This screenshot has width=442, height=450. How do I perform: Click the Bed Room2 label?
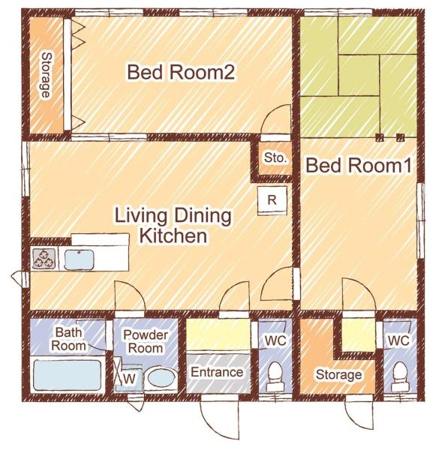pyautogui.click(x=182, y=73)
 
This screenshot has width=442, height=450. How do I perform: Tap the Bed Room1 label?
pyautogui.click(x=359, y=166)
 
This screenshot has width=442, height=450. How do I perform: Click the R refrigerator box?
pyautogui.click(x=272, y=200)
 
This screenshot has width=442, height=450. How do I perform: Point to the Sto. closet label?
pyautogui.click(x=273, y=158)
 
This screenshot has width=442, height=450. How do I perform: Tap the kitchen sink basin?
pyautogui.click(x=78, y=259)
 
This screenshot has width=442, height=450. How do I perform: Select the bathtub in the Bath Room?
pyautogui.click(x=68, y=373)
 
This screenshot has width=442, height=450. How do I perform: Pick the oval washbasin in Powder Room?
pyautogui.click(x=160, y=377)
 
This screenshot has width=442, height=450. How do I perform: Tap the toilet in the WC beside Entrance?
pyautogui.click(x=275, y=373)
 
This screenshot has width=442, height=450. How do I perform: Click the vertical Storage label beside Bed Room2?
pyautogui.click(x=46, y=75)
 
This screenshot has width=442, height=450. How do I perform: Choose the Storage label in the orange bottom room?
pyautogui.click(x=338, y=374)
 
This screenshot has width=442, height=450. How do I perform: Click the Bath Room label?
pyautogui.click(x=68, y=337)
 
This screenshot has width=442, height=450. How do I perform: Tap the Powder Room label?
pyautogui.click(x=146, y=341)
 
